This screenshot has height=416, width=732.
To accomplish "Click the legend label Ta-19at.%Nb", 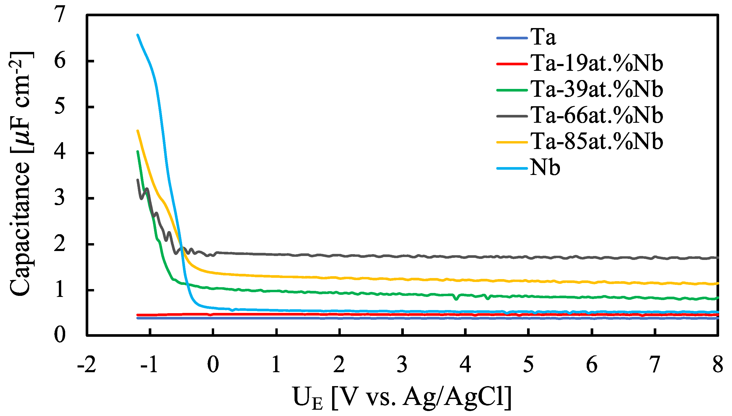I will pos(597,63).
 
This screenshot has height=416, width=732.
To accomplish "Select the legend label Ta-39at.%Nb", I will pos(597,89).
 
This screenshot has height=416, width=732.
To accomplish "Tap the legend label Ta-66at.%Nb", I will pos(597,115).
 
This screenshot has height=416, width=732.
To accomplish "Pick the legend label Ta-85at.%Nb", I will pos(597,141).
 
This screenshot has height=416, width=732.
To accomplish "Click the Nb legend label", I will pos(545,167).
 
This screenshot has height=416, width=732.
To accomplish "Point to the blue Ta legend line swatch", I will pos(512,38).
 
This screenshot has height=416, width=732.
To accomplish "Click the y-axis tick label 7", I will pos(60,15).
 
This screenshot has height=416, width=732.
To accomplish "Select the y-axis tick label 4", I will pos(60,153).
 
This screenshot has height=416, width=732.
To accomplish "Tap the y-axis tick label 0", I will pos(60,335).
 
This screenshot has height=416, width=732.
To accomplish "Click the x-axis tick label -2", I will pos(86,365).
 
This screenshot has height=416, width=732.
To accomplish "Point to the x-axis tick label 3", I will pos(402,365).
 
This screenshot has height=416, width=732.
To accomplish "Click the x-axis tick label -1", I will pos(150,365).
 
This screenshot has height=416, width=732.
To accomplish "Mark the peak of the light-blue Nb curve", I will pos(138,35).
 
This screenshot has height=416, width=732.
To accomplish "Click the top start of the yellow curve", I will pos(138,131).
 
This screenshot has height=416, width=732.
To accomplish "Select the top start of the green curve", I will pos(138,151).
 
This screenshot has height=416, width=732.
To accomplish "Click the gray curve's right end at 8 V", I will pos(717,257).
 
